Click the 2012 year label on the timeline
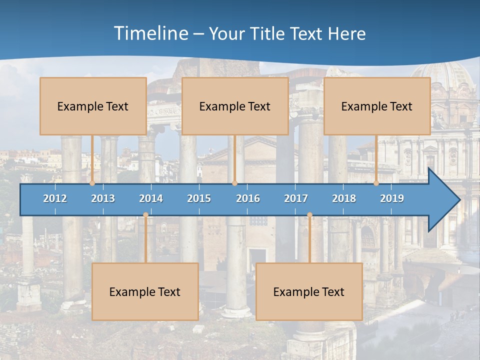tap(55, 198)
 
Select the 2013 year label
tap(103, 198)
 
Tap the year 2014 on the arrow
tap(151, 198)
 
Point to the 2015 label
tap(199, 198)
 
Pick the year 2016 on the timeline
tap(248, 198)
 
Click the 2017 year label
tap(296, 198)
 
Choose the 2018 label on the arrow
tap(344, 198)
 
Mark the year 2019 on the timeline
tap(392, 198)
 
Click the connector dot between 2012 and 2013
tap(92, 183)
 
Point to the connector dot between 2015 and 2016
tap(234, 183)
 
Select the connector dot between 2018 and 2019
tap(376, 183)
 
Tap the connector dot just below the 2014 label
tap(145, 215)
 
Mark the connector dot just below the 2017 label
tap(309, 215)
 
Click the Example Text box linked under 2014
tap(145, 291)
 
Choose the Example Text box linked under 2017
tap(309, 291)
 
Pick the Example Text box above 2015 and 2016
tap(235, 106)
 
